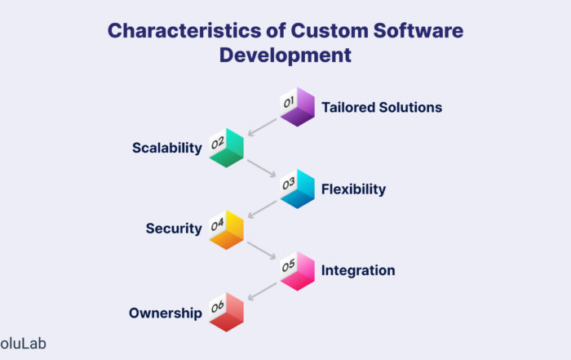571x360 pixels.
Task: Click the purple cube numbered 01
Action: click(297, 107)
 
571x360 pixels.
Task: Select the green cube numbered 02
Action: click(226, 148)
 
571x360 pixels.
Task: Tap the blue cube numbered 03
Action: click(297, 189)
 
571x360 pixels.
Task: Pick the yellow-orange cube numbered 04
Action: click(226, 230)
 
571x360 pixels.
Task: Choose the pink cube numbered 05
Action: click(297, 271)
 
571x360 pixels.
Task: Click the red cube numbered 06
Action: click(226, 313)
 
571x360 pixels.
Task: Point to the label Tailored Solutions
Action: click(382, 108)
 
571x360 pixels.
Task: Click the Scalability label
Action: click(166, 148)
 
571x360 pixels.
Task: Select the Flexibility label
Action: click(353, 189)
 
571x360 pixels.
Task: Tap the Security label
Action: click(174, 229)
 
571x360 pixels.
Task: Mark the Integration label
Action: click(358, 270)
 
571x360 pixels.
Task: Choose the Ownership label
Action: click(166, 313)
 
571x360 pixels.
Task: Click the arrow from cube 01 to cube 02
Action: click(262, 127)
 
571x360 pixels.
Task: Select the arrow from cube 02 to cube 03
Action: click(262, 168)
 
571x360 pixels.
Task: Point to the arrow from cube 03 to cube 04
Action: click(262, 210)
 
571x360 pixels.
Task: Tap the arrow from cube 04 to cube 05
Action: click(262, 251)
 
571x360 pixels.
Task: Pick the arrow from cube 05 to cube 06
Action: click(262, 291)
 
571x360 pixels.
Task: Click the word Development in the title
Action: click(285, 56)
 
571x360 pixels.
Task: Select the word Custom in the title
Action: click(330, 30)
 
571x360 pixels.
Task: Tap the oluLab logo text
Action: click(23, 344)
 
